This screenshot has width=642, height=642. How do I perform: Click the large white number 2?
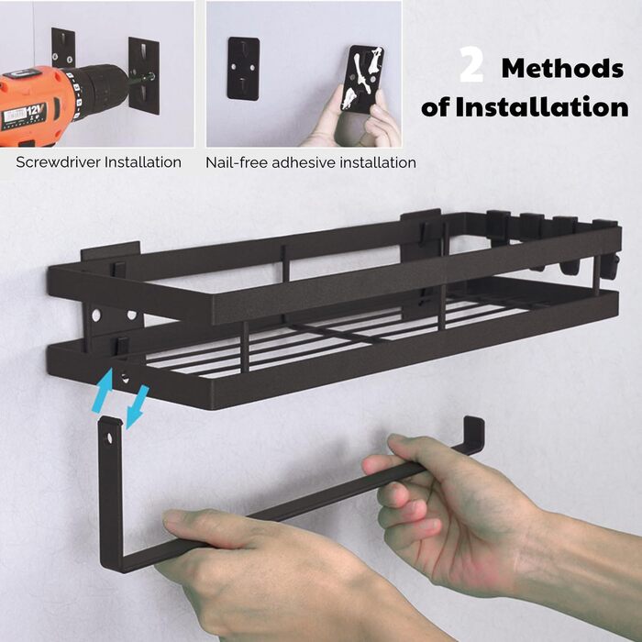[470, 64]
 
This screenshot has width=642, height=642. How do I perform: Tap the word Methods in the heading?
[562, 68]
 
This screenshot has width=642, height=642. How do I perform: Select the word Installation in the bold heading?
[542, 107]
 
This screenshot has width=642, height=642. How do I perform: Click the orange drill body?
[37, 106]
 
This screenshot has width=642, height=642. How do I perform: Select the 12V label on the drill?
[36, 111]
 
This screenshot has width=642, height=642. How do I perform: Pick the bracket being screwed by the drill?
[144, 75]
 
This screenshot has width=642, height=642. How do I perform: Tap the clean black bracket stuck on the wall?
[244, 69]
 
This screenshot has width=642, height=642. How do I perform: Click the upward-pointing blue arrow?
[103, 390]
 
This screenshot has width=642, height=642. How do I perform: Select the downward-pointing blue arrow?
[137, 406]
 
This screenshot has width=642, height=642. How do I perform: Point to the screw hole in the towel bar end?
[109, 438]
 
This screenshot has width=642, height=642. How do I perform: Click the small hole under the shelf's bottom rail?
[125, 377]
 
